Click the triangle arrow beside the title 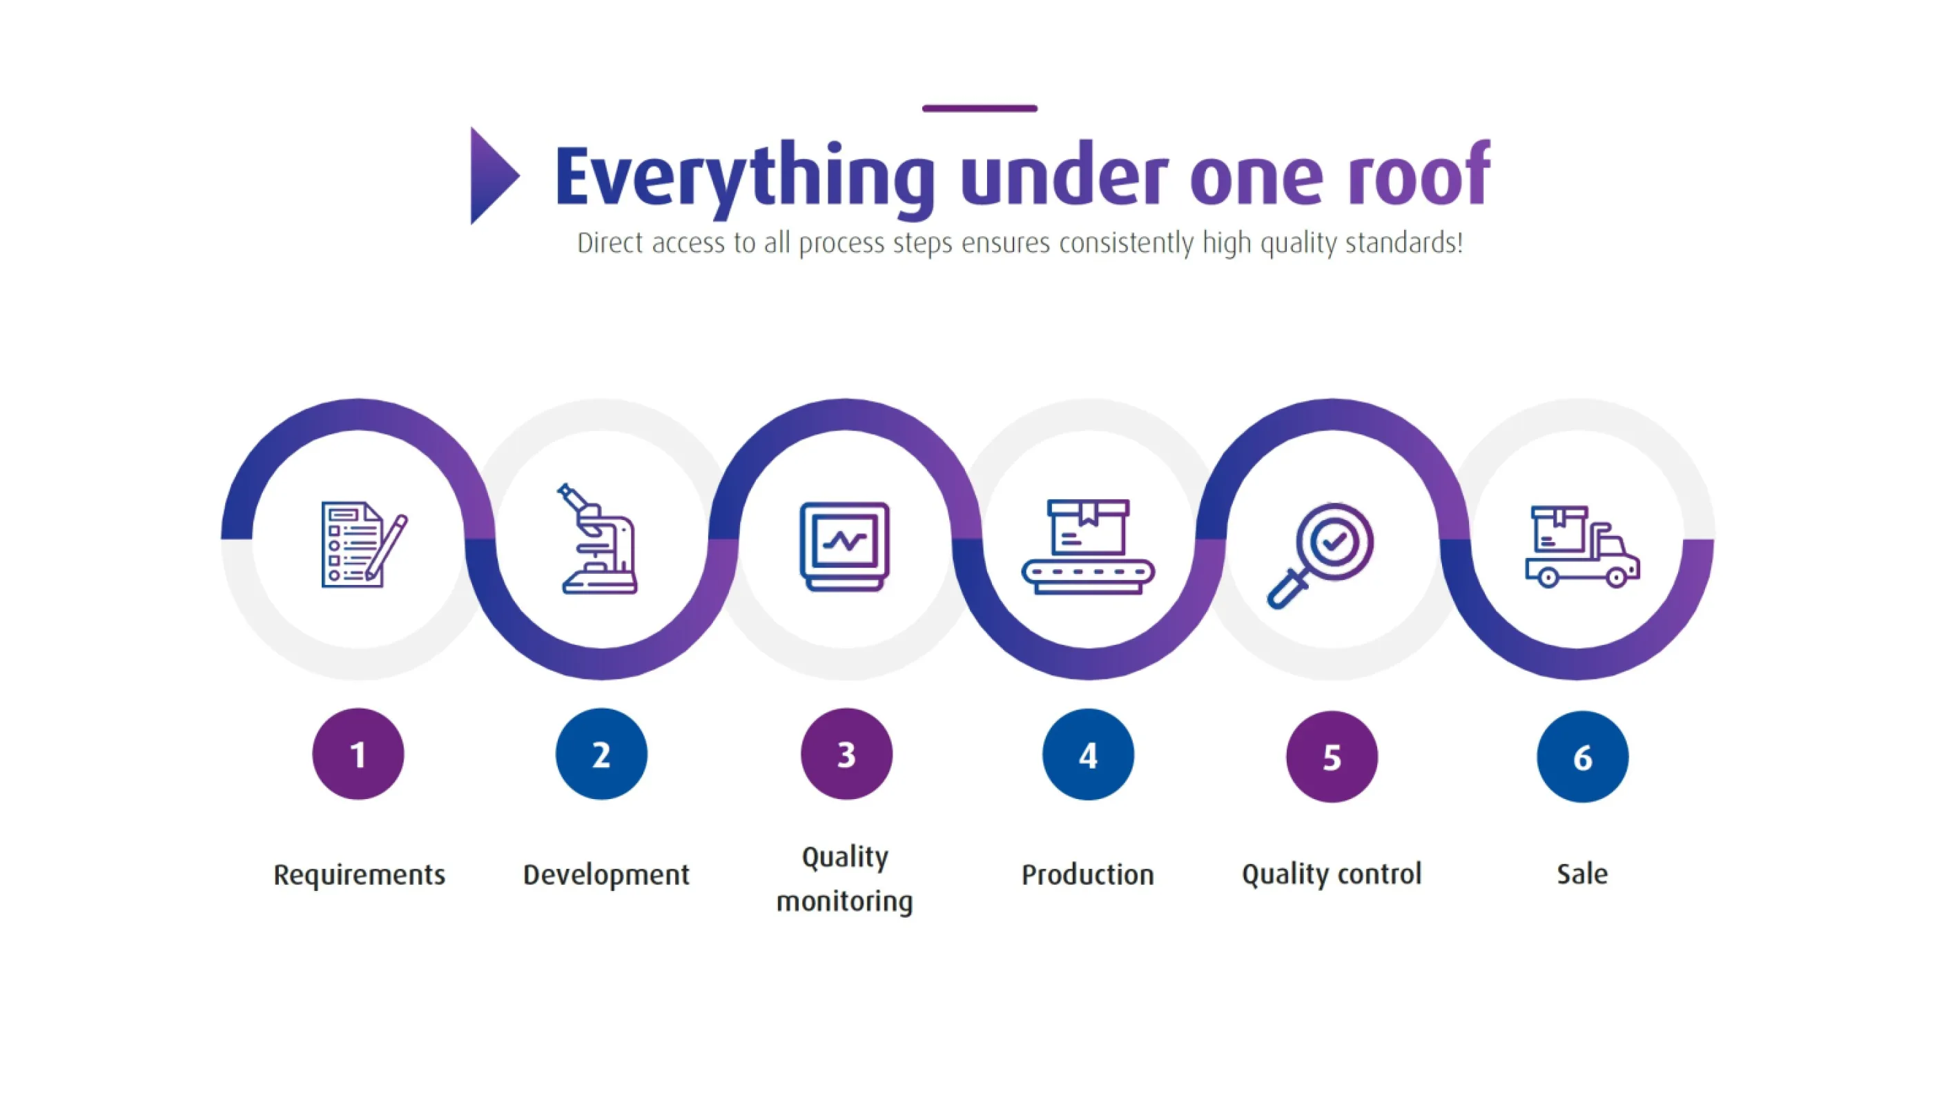tap(492, 175)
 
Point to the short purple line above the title tap(980, 108)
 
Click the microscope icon tap(598, 539)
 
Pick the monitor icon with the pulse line tap(844, 546)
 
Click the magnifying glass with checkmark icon tap(1322, 553)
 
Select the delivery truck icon tap(1581, 547)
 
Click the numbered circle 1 tap(358, 754)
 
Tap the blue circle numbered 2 tap(601, 754)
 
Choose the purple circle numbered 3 tap(846, 754)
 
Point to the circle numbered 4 tap(1088, 755)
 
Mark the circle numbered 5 tap(1331, 756)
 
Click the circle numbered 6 tap(1581, 756)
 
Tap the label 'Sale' tap(1581, 874)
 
